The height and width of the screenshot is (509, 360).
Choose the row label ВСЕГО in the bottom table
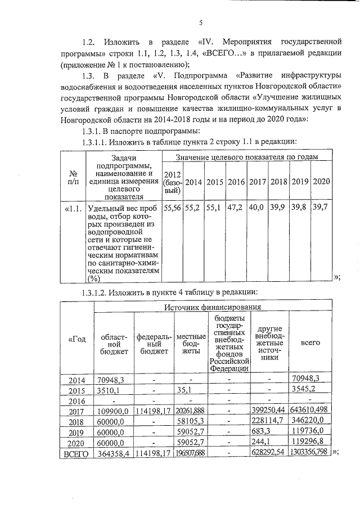pos(75,452)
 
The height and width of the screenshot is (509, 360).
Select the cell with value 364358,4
pos(113,452)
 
